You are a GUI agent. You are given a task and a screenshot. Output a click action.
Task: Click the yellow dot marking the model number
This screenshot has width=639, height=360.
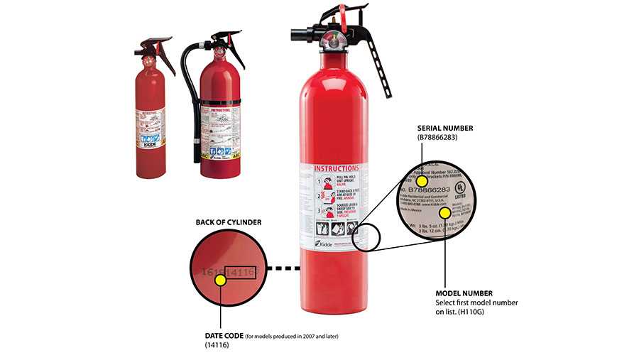(444, 212)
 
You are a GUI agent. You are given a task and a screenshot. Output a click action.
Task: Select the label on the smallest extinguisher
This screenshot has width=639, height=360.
(150, 128)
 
